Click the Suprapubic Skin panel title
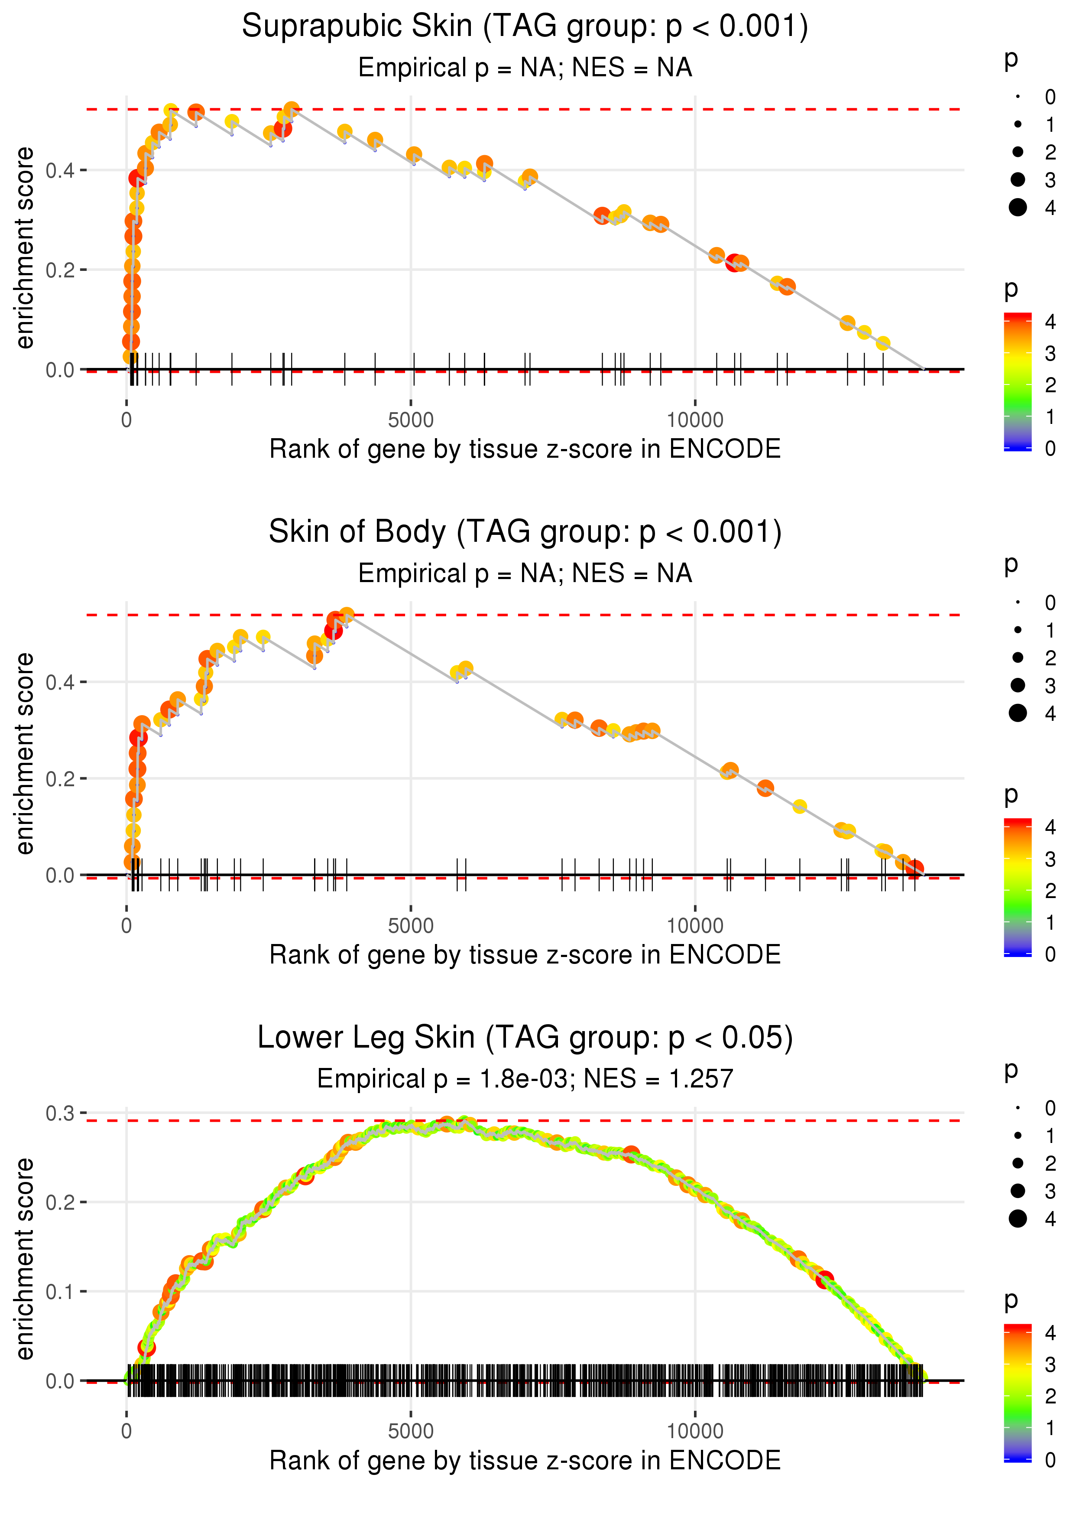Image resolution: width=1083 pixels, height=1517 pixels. pyautogui.click(x=525, y=27)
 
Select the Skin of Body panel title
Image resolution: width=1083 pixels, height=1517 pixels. pyautogui.click(x=525, y=532)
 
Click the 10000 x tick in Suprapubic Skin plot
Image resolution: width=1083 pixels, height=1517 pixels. pyautogui.click(x=695, y=420)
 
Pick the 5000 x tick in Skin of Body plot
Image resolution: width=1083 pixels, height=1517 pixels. pyautogui.click(x=411, y=926)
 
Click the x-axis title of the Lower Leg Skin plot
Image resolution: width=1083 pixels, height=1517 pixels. pyautogui.click(x=525, y=1460)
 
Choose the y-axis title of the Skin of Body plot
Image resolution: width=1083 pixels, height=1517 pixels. pyautogui.click(x=25, y=753)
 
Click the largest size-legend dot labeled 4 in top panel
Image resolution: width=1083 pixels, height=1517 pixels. pyautogui.click(x=1018, y=208)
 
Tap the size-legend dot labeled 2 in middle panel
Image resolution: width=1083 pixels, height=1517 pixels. pyautogui.click(x=1018, y=658)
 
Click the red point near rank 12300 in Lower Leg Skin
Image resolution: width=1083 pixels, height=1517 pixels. pyautogui.click(x=825, y=1279)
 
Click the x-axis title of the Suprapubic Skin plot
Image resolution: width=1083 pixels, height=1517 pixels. pyautogui.click(x=525, y=449)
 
